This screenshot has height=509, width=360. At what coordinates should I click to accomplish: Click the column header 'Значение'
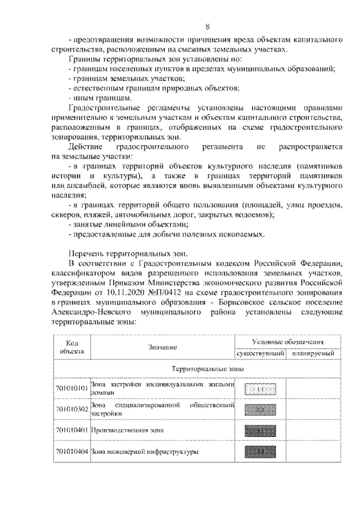click(163, 348)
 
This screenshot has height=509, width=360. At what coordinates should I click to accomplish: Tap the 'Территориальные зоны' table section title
click(196, 368)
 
